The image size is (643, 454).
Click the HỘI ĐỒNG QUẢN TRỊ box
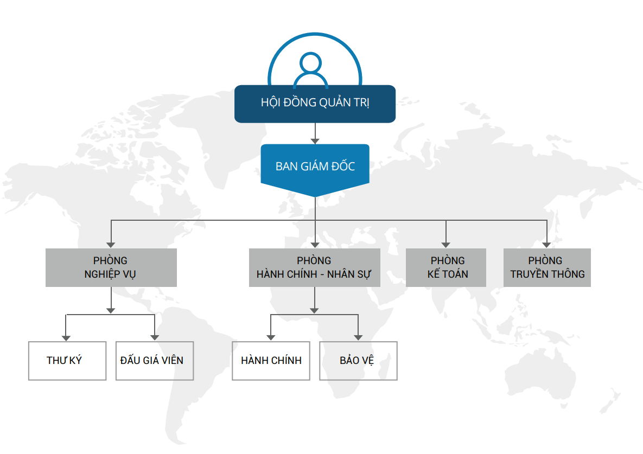pyautogui.click(x=315, y=104)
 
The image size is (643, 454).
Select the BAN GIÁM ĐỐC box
pyautogui.click(x=315, y=166)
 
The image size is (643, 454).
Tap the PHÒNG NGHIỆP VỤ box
pyautogui.click(x=111, y=267)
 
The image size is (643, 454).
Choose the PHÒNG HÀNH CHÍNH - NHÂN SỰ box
pyautogui.click(x=315, y=267)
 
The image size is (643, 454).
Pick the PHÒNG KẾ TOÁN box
pyautogui.click(x=446, y=267)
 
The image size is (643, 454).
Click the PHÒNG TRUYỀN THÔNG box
pyautogui.click(x=547, y=267)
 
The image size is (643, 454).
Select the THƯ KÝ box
pyautogui.click(x=67, y=361)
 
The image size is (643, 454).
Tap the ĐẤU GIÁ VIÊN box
pyautogui.click(x=155, y=361)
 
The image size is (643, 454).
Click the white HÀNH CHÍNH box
pyautogui.click(x=271, y=361)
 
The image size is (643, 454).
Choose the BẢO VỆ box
pyautogui.click(x=358, y=361)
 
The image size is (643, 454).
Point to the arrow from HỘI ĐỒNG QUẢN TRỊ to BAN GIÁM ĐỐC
pyautogui.click(x=315, y=133)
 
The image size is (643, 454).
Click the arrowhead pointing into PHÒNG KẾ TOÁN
pyautogui.click(x=446, y=245)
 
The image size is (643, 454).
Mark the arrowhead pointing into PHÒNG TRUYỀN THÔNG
pyautogui.click(x=547, y=245)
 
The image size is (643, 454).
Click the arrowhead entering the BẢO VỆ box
pyautogui.click(x=358, y=337)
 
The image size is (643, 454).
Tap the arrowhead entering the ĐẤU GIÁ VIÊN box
pyautogui.click(x=155, y=337)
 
